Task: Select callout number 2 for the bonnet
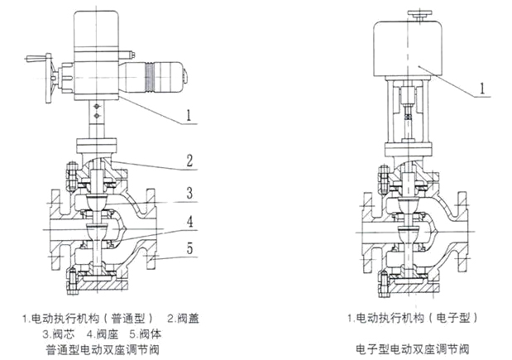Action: (x=189, y=160)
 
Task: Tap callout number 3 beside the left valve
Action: (x=189, y=194)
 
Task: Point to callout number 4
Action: (x=189, y=222)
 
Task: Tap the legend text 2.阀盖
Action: (x=183, y=318)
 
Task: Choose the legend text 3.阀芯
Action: (x=60, y=334)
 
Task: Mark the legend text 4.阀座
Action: (x=103, y=334)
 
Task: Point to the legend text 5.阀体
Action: (x=146, y=334)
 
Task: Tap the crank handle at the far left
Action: (x=34, y=59)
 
